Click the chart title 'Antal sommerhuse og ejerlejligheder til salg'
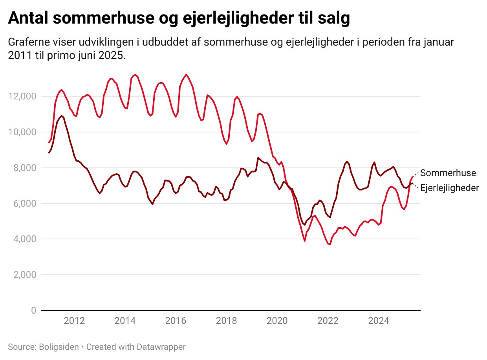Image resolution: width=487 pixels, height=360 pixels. click(x=179, y=18)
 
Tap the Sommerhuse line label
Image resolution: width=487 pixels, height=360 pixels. click(x=448, y=173)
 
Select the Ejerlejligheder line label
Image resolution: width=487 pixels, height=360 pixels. click(x=450, y=188)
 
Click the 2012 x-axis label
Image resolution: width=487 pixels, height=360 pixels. click(x=74, y=321)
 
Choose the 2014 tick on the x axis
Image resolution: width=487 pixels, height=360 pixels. click(x=125, y=321)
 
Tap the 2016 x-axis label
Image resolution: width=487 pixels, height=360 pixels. click(x=176, y=321)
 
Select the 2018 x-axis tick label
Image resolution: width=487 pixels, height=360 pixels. click(x=227, y=321)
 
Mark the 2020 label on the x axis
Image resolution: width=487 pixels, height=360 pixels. click(x=277, y=321)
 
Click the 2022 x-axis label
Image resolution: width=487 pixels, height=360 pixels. click(x=328, y=321)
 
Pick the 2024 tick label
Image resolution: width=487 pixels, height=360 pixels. click(x=379, y=321)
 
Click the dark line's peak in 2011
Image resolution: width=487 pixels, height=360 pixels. click(x=62, y=116)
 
